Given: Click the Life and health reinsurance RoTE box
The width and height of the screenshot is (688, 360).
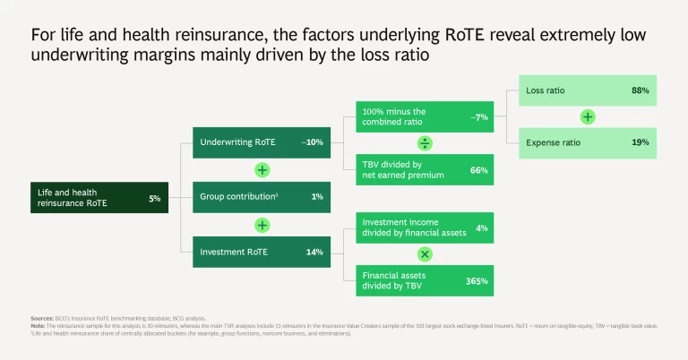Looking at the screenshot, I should [98, 197].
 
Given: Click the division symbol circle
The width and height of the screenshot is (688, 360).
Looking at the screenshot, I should [426, 142].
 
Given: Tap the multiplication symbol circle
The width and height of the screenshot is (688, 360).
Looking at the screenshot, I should [426, 254].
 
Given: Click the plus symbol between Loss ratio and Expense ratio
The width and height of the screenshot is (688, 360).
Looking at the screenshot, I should [588, 116].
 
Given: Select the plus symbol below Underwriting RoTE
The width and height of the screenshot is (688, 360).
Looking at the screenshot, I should [262, 169].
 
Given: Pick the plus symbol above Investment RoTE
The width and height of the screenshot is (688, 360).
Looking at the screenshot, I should [262, 225].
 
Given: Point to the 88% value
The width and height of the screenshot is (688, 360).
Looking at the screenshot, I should [640, 91].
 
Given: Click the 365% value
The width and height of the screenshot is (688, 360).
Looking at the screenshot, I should [477, 281].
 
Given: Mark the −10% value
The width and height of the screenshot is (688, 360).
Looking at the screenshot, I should [312, 142].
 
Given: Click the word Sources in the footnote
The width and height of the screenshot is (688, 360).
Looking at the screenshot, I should [41, 317].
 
